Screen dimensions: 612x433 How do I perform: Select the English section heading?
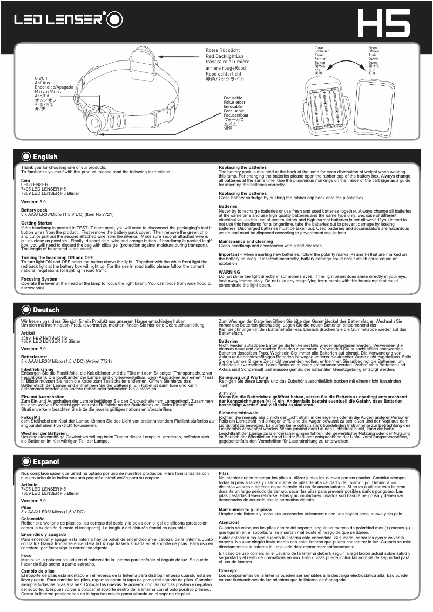(x=45, y=157)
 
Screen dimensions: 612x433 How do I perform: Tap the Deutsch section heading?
(x=46, y=310)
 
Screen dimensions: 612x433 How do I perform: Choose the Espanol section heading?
(x=46, y=462)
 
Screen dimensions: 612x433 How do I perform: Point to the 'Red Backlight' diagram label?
(x=225, y=56)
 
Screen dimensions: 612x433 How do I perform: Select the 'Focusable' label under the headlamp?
(x=233, y=98)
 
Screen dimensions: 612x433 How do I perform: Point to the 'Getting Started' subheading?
(x=37, y=223)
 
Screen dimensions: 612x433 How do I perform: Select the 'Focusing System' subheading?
(x=39, y=280)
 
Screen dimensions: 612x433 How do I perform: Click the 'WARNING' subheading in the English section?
(x=229, y=272)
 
